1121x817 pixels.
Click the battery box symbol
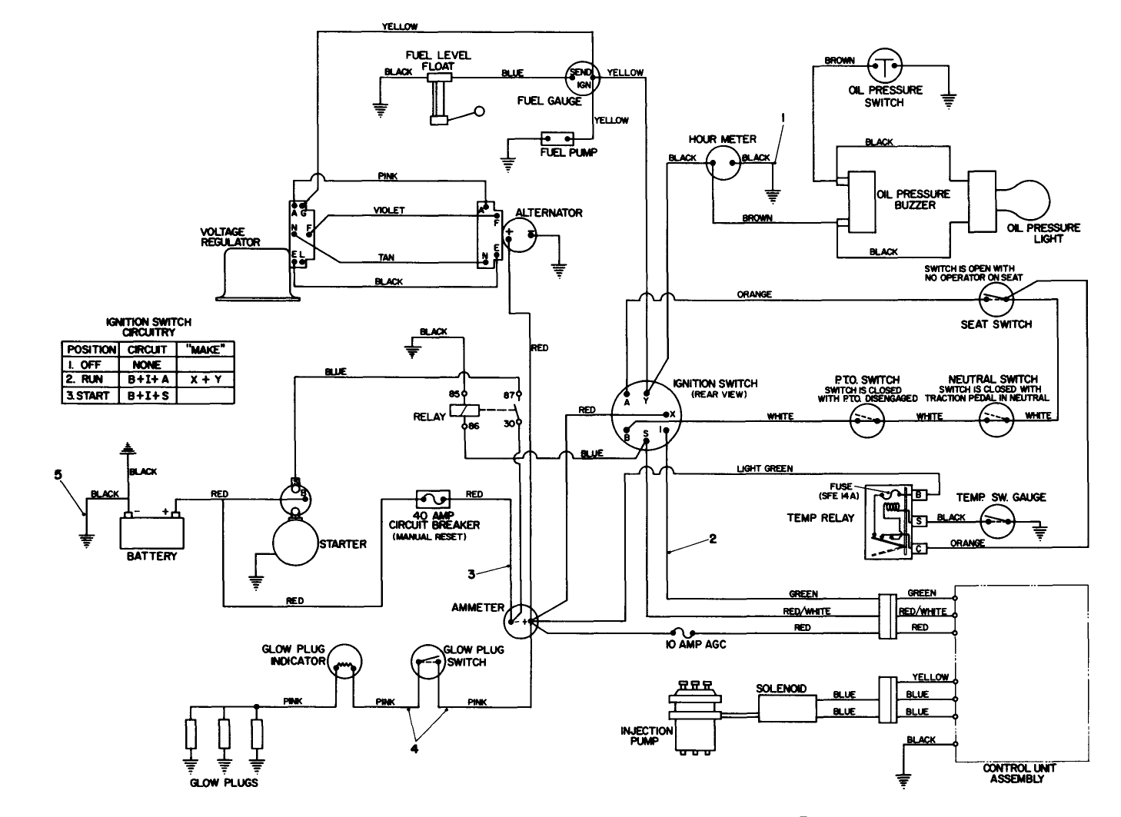coord(152,530)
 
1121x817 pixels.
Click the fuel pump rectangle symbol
coord(557,139)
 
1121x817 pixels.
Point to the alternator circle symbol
coord(518,234)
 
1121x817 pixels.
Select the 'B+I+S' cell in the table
coord(146,396)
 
